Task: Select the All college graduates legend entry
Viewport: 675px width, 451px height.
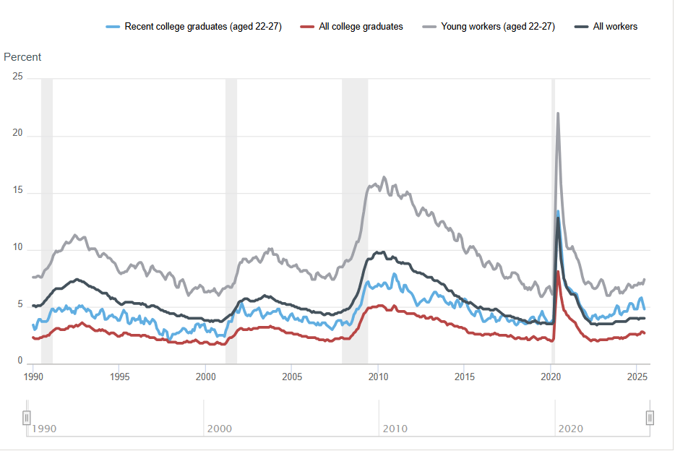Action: pos(361,27)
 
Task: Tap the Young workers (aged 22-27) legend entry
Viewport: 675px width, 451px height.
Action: pos(497,27)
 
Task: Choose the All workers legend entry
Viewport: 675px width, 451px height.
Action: pos(615,27)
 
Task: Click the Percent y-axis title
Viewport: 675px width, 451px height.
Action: pos(22,57)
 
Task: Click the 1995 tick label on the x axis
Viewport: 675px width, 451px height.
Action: pos(120,377)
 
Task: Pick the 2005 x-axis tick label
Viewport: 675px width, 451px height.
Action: pos(292,377)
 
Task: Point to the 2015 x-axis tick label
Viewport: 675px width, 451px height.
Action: pos(465,377)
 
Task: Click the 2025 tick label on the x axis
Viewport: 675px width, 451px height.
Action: pos(637,377)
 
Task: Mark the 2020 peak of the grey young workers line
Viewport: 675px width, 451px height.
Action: pos(558,113)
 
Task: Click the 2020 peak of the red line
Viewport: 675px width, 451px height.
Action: pos(558,272)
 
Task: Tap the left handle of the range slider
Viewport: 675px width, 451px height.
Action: pos(27,418)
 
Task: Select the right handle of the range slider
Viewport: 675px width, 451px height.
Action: pos(650,418)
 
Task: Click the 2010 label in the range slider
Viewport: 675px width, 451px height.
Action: pos(395,429)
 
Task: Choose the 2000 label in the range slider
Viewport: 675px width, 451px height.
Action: pos(220,429)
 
